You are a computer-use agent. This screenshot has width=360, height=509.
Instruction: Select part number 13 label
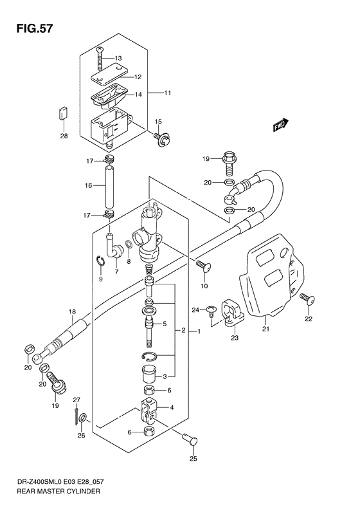[118, 59]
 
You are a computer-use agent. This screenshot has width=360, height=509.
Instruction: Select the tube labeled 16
[109, 185]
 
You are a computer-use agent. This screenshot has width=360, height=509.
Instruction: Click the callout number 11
[166, 94]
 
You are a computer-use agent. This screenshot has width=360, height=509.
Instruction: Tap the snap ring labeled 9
[100, 261]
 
